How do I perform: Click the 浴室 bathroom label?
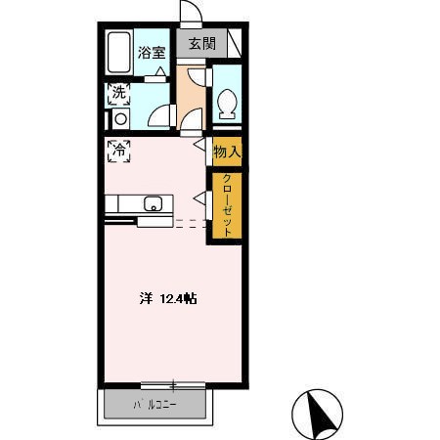[152, 53]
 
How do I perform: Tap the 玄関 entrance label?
[202, 43]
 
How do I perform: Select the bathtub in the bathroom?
[119, 52]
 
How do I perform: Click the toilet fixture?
[227, 104]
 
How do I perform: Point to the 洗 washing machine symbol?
[119, 94]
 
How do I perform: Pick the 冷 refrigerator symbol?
[119, 151]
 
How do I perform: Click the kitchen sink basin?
[154, 203]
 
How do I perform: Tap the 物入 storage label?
[227, 152]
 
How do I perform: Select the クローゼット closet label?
[227, 205]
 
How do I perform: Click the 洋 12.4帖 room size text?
[168, 298]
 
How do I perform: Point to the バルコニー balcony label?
[154, 405]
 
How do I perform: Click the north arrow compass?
[317, 415]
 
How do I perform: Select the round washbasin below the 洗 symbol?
[121, 119]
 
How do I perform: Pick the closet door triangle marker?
[199, 198]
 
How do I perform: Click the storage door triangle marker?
[199, 144]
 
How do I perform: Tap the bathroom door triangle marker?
[160, 71]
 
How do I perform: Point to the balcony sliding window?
[173, 385]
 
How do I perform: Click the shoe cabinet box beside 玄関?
[235, 43]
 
